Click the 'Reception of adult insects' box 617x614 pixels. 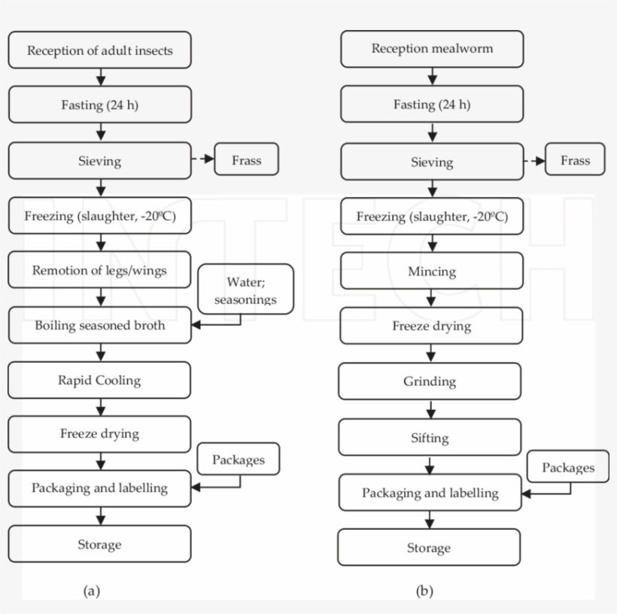[99, 51]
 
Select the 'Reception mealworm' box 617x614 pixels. [431, 50]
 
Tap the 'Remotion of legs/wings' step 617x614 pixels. [99, 270]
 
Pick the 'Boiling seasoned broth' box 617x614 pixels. [99, 326]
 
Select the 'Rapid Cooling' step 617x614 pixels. [99, 380]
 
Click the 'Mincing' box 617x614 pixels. [431, 271]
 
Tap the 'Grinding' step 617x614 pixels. [430, 381]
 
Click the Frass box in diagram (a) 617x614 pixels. [247, 160]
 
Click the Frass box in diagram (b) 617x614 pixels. [575, 160]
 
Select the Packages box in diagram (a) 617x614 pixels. [238, 460]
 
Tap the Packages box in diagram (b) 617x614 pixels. [568, 468]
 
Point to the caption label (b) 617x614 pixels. [424, 591]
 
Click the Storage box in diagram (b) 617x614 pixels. [429, 547]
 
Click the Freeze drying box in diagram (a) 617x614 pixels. [99, 434]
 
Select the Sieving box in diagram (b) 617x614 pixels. [431, 162]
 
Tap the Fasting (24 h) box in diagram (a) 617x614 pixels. [99, 105]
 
